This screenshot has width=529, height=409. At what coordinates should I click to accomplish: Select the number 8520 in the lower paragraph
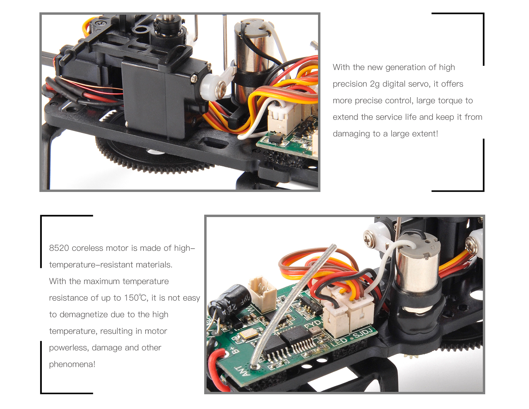[59, 248]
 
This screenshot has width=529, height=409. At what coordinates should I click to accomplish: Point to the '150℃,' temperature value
[136, 298]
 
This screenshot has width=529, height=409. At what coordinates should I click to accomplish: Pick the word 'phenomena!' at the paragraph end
[72, 364]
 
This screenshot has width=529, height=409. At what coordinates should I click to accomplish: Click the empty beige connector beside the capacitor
[262, 294]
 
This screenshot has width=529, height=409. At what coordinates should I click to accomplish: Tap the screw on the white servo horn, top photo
[222, 87]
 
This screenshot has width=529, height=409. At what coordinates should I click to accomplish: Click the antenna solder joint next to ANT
[254, 366]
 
